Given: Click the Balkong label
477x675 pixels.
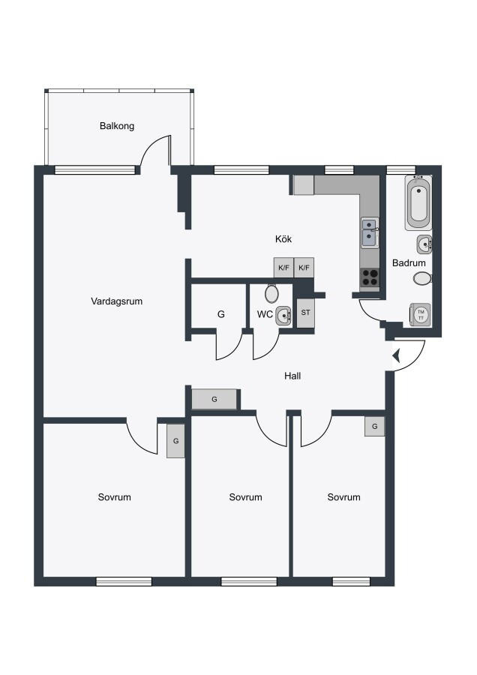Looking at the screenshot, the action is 117,126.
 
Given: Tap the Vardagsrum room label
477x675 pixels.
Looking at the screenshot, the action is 117,301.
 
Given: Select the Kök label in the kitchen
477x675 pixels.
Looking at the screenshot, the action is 283,239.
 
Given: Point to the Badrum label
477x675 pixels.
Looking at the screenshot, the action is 409,262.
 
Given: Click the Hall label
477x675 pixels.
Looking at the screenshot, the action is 292,376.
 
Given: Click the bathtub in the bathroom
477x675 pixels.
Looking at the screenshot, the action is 418,202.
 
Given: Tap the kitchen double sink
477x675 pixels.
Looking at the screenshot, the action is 370,233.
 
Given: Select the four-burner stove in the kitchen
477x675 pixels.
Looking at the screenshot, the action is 369,277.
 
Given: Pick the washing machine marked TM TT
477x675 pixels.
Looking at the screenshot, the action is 420,314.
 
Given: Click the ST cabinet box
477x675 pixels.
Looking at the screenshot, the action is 305,313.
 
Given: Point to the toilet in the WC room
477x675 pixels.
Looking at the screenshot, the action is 271,293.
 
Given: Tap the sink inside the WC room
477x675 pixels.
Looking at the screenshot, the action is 283,316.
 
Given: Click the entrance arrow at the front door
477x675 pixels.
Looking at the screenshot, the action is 397,355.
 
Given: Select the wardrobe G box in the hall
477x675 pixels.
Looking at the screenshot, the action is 214,399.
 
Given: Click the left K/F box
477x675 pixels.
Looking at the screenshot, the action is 283,268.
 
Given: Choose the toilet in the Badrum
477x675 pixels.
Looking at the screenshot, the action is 422,278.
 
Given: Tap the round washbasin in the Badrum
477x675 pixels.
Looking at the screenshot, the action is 424,244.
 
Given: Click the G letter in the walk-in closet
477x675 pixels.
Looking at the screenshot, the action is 220,314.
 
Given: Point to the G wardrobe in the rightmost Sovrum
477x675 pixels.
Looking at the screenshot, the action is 374,426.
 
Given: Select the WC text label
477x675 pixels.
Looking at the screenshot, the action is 265,314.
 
